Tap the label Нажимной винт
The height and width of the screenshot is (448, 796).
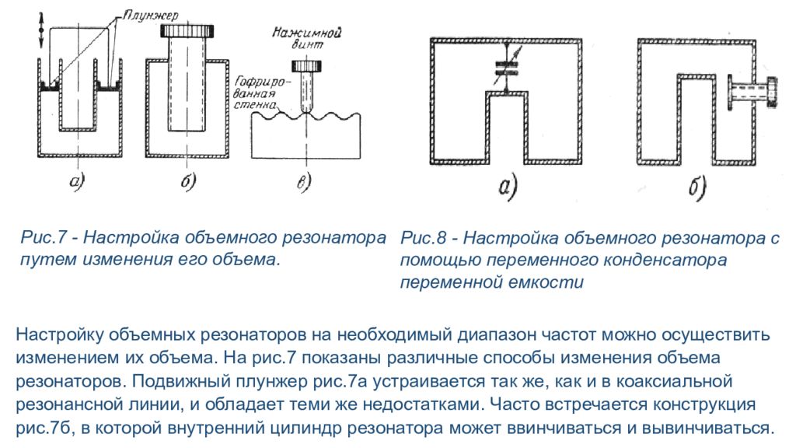tap(306, 38)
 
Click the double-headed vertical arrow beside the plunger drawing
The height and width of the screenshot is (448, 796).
tap(41, 30)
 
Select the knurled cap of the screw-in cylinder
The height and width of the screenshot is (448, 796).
tap(187, 30)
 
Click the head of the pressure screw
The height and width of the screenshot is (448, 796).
tap(306, 66)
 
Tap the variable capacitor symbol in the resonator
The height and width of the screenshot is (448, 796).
tap(506, 68)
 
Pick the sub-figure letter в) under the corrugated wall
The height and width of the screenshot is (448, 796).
tap(304, 181)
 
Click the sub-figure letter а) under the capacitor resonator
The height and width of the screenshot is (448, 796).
tap(507, 186)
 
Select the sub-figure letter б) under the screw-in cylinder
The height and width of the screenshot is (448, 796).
tap(188, 180)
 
